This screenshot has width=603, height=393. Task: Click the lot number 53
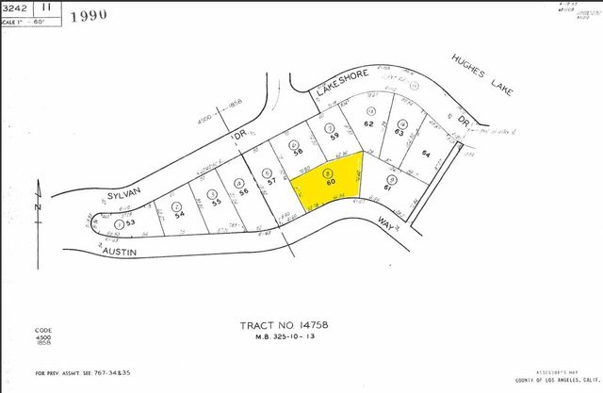pyautogui.click(x=131, y=222)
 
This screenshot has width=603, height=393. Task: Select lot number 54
pyautogui.click(x=177, y=214)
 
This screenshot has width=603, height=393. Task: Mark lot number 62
pyautogui.click(x=369, y=123)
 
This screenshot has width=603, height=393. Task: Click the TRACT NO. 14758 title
pyautogui.click(x=284, y=324)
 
